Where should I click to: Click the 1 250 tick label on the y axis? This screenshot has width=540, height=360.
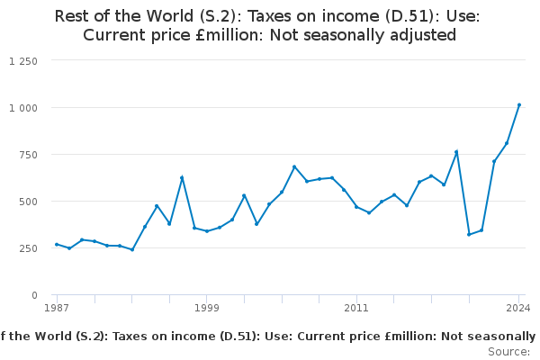point(22,61)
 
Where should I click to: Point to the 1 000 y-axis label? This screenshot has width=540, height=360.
point(22,108)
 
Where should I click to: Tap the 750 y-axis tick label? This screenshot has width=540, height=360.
point(28,155)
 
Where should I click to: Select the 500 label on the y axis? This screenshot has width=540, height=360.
point(28,202)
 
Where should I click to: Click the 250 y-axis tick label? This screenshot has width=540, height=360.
point(28,248)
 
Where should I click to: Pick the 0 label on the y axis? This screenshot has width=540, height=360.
point(34,295)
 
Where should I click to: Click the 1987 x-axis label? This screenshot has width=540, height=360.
point(57,308)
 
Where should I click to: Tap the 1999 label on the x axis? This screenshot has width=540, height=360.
point(206,308)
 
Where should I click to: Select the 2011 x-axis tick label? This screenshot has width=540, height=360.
point(356,308)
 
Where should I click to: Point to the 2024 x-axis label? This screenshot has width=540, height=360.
point(518,308)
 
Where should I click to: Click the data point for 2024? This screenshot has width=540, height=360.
point(519,104)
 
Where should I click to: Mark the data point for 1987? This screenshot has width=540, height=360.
point(57,244)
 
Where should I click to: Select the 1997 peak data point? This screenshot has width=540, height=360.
point(182,177)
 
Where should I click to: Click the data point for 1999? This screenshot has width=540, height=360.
point(207,231)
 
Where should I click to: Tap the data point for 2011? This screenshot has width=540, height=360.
point(356,207)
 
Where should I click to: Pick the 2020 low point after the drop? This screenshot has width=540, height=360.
point(469,234)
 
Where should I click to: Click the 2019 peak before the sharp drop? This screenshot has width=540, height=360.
point(456,151)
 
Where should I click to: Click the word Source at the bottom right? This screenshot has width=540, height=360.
point(508,351)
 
